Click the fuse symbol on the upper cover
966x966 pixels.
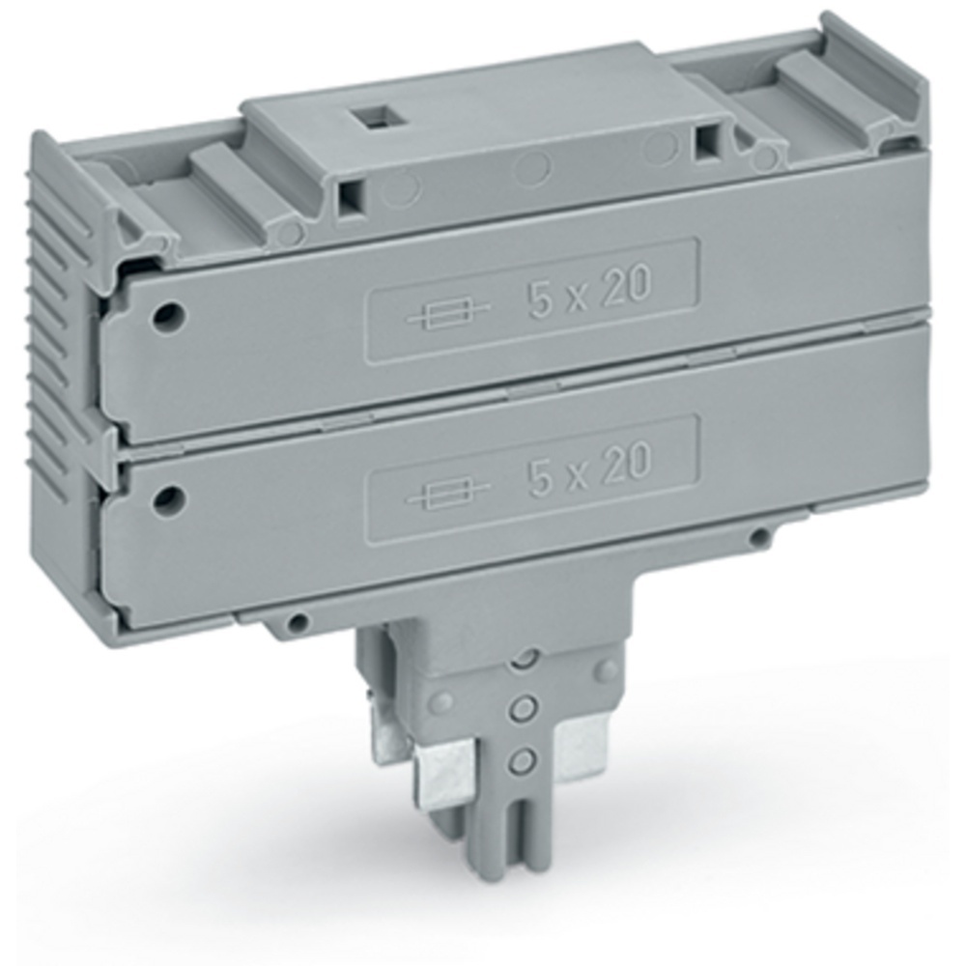pos(448,316)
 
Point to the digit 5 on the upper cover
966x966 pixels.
pos(541,298)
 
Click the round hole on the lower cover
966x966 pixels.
pos(168,497)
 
